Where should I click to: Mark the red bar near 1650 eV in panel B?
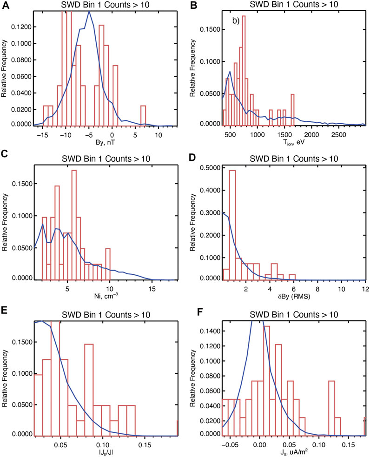[293, 109]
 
